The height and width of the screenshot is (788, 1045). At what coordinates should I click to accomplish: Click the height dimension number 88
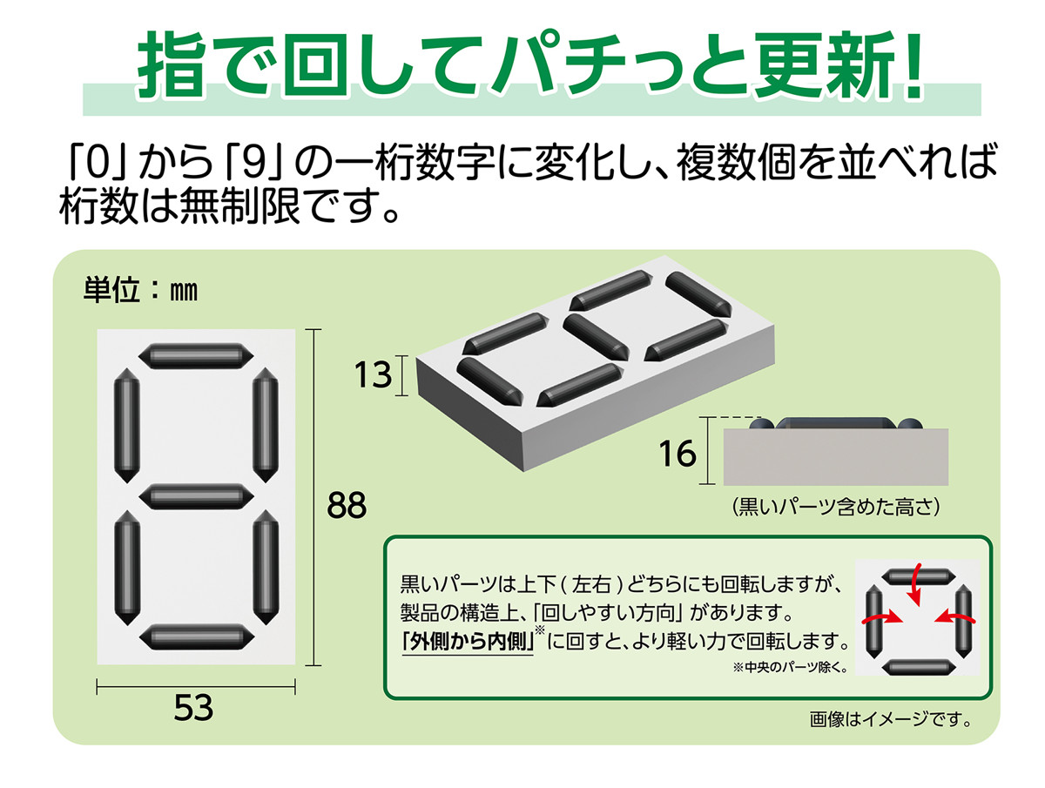pos(347,505)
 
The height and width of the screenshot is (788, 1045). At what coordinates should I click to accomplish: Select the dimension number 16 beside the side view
pos(678,453)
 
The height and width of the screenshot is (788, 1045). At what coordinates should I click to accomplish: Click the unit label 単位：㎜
pos(140,291)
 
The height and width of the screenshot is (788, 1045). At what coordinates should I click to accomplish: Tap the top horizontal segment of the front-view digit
pos(195,355)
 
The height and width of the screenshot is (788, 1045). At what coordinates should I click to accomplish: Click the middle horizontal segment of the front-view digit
pos(195,495)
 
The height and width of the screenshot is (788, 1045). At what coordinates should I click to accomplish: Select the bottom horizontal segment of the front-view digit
pos(195,636)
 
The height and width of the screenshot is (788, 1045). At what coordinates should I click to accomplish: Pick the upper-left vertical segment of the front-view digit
pos(127,425)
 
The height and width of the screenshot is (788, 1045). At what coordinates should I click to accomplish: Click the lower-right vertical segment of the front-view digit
pos(264,566)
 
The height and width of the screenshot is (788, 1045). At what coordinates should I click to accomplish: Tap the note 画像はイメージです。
pos(889,720)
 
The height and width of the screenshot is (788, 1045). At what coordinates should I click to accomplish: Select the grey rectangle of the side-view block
pos(835,457)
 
